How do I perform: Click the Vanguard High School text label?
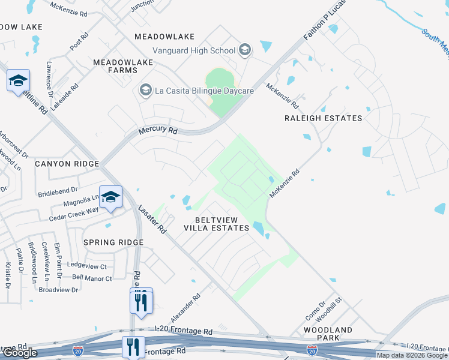point(193,50)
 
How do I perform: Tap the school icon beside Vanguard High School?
point(245,50)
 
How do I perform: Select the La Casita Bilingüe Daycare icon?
point(145,91)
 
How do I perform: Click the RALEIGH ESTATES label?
point(324,118)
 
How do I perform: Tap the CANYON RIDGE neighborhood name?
point(66,164)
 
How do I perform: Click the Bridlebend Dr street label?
point(58,188)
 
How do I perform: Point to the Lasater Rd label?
point(152,219)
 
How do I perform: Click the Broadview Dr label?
point(58,289)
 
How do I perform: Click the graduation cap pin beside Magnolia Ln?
point(111,197)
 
